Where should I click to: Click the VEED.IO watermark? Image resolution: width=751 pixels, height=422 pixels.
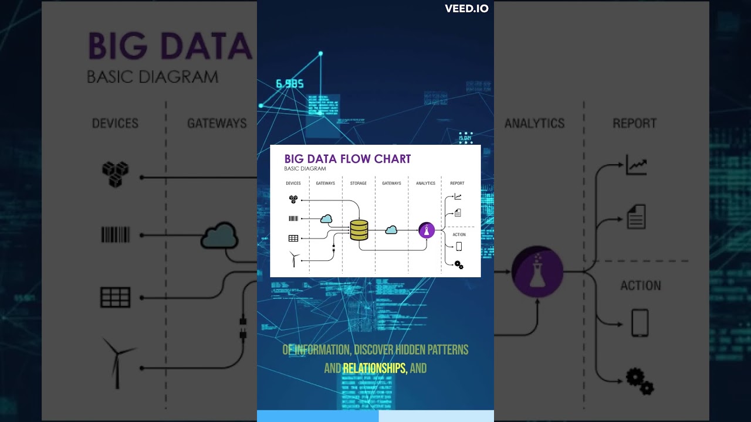pyautogui.click(x=466, y=9)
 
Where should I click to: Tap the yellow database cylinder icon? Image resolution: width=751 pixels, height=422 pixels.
pyautogui.click(x=358, y=230)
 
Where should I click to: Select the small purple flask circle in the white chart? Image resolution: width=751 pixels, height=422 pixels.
pyautogui.click(x=427, y=230)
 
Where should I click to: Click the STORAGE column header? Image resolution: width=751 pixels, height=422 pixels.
pyautogui.click(x=358, y=183)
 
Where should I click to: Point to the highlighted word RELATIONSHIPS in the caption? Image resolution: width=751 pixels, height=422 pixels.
pyautogui.click(x=374, y=369)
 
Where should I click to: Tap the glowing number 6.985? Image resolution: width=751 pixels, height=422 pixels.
pyautogui.click(x=290, y=84)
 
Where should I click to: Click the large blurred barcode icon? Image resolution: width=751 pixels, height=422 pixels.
pyautogui.click(x=116, y=235)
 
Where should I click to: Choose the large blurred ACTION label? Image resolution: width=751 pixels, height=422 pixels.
pyautogui.click(x=641, y=286)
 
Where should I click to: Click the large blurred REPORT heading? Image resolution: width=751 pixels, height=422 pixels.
pyautogui.click(x=634, y=124)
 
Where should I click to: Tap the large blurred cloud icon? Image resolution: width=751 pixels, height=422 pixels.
pyautogui.click(x=219, y=236)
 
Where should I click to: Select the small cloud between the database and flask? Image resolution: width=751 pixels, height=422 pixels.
pyautogui.click(x=391, y=230)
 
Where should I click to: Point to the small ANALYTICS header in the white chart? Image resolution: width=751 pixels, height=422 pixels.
pyautogui.click(x=426, y=183)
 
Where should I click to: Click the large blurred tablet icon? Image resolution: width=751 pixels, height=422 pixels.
pyautogui.click(x=640, y=323)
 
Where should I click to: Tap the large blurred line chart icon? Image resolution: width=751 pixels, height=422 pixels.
pyautogui.click(x=636, y=165)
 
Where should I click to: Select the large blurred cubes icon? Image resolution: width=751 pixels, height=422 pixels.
pyautogui.click(x=115, y=174)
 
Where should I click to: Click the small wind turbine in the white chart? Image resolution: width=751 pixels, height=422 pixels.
pyautogui.click(x=294, y=258)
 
